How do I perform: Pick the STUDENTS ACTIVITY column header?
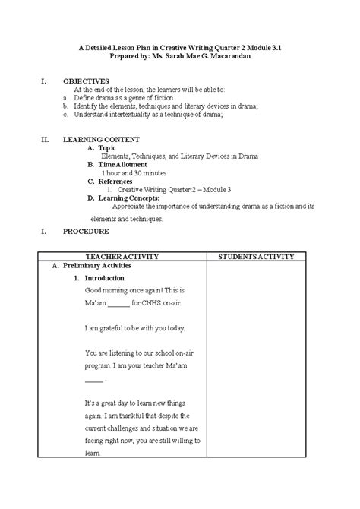pos(255,258)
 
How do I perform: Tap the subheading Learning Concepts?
pos(128,198)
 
